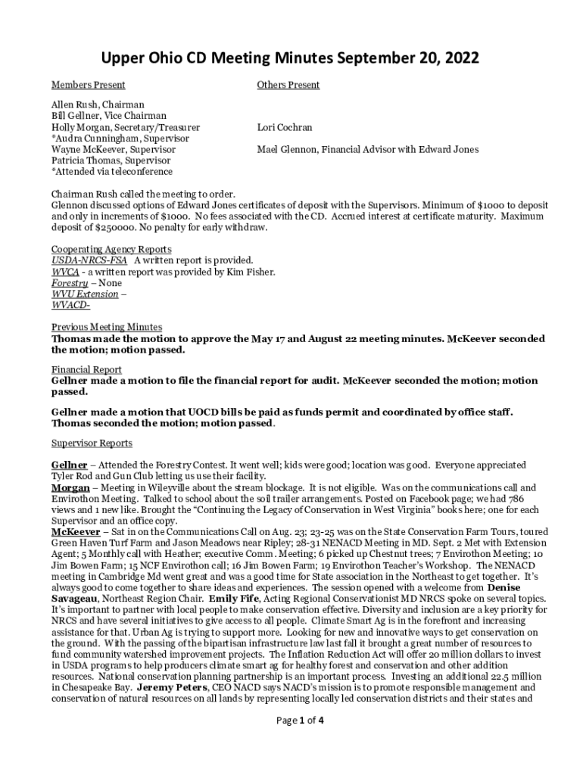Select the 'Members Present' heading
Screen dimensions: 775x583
tap(88, 85)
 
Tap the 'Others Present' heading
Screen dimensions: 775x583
tap(288, 85)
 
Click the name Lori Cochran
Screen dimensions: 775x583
tap(285, 128)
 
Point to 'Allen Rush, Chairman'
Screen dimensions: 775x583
tap(98, 104)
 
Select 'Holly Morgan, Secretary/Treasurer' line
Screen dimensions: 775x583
tap(126, 128)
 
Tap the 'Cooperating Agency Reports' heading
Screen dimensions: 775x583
tap(111, 249)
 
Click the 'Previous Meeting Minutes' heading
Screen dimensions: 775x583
tap(107, 327)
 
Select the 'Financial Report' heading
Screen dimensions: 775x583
tap(86, 370)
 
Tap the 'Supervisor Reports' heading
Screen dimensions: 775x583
tap(92, 443)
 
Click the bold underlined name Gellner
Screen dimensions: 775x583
tap(69, 465)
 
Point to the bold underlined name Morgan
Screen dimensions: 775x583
tap(70, 488)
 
